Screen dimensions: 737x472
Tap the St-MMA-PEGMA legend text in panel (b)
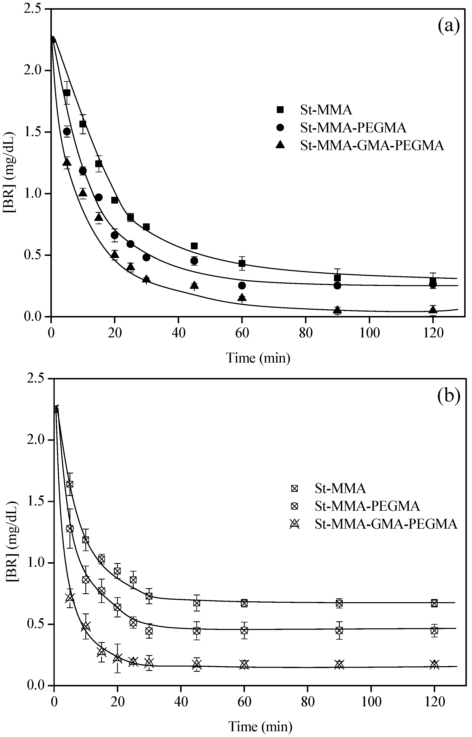coord(367,506)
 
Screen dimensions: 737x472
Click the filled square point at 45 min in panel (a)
coord(194,246)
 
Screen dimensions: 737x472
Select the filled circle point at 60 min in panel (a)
coord(242,286)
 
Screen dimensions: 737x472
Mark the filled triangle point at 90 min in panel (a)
coord(337,309)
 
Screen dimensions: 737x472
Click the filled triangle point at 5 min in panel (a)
coord(67,162)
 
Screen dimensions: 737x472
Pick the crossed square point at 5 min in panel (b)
coord(70,484)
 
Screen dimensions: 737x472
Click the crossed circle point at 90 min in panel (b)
coord(339,631)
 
